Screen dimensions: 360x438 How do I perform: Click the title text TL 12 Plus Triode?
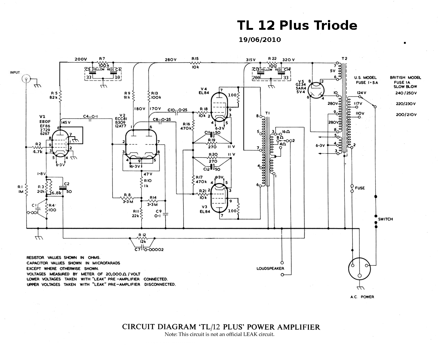tap(297, 25)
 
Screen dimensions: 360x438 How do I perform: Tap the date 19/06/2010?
tap(260, 40)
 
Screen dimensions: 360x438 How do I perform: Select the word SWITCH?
tap(385, 219)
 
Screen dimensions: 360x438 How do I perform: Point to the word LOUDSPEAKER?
tap(270, 268)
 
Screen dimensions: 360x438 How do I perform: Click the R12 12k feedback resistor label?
tap(142, 238)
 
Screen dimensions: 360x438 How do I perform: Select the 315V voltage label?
tap(251, 60)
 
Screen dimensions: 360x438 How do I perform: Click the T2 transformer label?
tap(344, 58)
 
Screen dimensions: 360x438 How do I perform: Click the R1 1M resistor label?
tap(20, 189)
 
